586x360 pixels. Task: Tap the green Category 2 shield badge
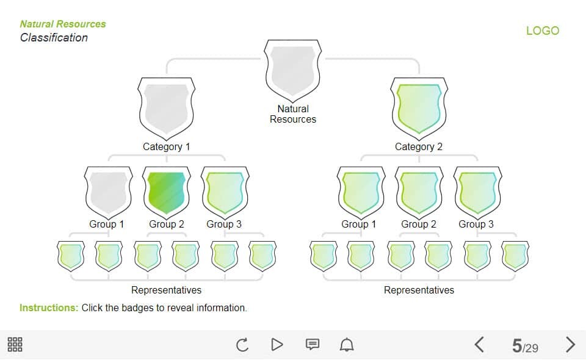[x=419, y=108]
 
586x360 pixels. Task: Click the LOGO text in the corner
[x=542, y=31]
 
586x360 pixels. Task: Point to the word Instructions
[x=48, y=308]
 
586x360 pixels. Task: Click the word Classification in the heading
[x=54, y=38]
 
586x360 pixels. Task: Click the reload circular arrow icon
[x=242, y=345]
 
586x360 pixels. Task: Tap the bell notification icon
[x=347, y=345]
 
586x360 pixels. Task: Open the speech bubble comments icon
[x=312, y=345]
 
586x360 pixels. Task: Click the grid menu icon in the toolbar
[x=15, y=345]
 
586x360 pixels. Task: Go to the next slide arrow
[x=570, y=345]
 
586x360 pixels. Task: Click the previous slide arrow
[x=480, y=345]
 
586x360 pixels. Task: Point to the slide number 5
[x=517, y=346]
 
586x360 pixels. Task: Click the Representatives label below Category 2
[x=419, y=290]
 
